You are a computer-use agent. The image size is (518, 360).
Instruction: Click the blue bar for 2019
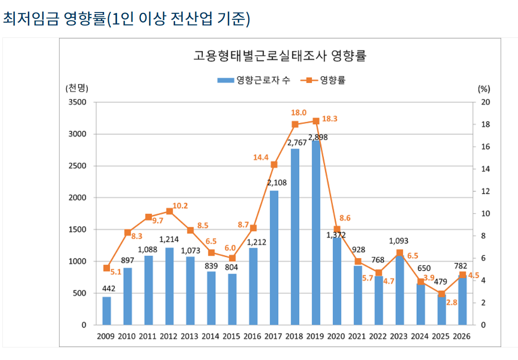click(x=316, y=233)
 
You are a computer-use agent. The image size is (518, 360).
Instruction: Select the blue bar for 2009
click(x=106, y=311)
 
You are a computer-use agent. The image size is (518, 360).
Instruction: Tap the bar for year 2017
click(x=274, y=258)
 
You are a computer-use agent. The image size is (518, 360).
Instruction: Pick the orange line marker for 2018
click(x=295, y=124)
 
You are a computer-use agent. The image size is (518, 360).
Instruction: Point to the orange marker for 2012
click(x=169, y=211)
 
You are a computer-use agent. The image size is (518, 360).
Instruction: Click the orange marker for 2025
click(x=442, y=294)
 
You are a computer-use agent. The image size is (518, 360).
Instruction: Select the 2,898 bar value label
click(x=317, y=137)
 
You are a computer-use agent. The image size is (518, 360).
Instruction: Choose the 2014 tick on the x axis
click(x=211, y=336)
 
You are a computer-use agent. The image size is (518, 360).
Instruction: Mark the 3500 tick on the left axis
click(x=77, y=102)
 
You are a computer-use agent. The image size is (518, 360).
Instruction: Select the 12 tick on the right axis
click(x=483, y=192)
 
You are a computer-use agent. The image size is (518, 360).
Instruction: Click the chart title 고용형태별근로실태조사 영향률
click(x=279, y=56)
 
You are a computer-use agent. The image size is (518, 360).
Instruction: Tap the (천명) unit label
click(x=77, y=88)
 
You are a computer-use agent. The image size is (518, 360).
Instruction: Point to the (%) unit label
click(x=483, y=88)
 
